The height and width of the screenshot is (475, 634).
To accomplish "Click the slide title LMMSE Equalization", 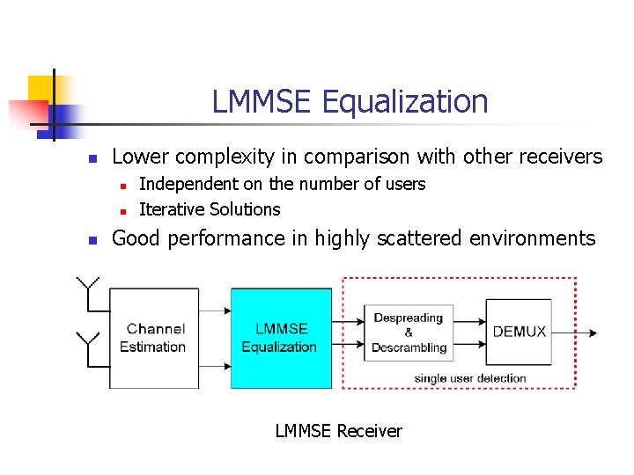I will coord(350,102).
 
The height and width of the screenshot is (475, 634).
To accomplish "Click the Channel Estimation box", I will coord(153,338).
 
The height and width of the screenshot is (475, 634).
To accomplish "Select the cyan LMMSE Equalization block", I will coord(281,338).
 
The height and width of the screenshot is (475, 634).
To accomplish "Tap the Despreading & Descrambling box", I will coord(409,332).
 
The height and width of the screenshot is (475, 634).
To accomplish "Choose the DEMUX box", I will coord(519,332).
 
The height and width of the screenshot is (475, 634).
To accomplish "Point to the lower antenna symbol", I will coord(88,340).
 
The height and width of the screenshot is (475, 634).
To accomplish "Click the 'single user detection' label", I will coord(470,378).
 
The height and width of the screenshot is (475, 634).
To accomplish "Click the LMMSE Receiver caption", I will coord(338,431).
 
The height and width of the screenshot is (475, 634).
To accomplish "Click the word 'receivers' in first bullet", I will coord(559,157).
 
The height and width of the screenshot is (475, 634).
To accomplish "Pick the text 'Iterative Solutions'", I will coord(210,209).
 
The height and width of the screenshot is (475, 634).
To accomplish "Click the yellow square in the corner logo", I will coord(41,90).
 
